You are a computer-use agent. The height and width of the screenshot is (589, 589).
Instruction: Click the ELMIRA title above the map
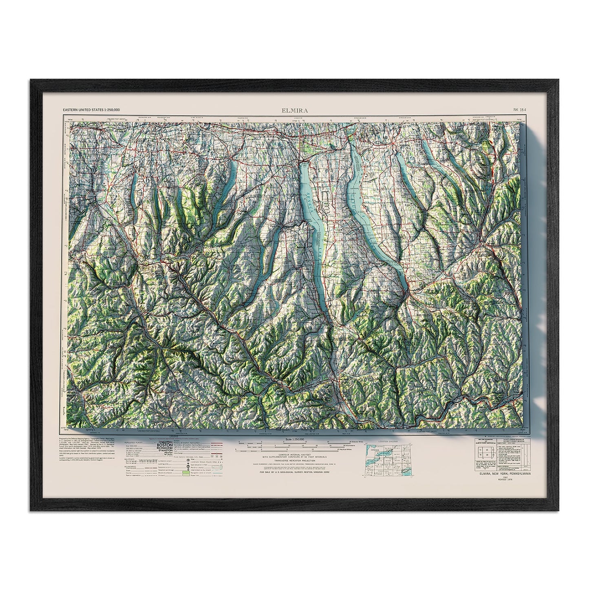[294, 110]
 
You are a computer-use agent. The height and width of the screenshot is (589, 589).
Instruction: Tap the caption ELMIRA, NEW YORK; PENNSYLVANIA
[500, 474]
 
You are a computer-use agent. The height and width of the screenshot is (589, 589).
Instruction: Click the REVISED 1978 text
[505, 481]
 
